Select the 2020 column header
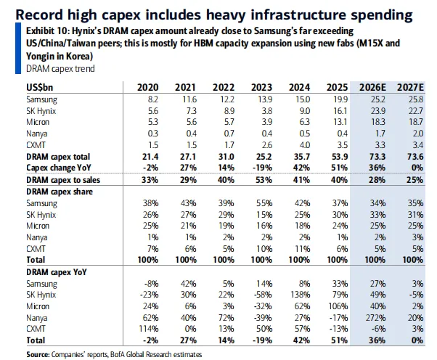[147, 88]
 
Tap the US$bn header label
[39, 88]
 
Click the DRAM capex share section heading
[63, 191]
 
